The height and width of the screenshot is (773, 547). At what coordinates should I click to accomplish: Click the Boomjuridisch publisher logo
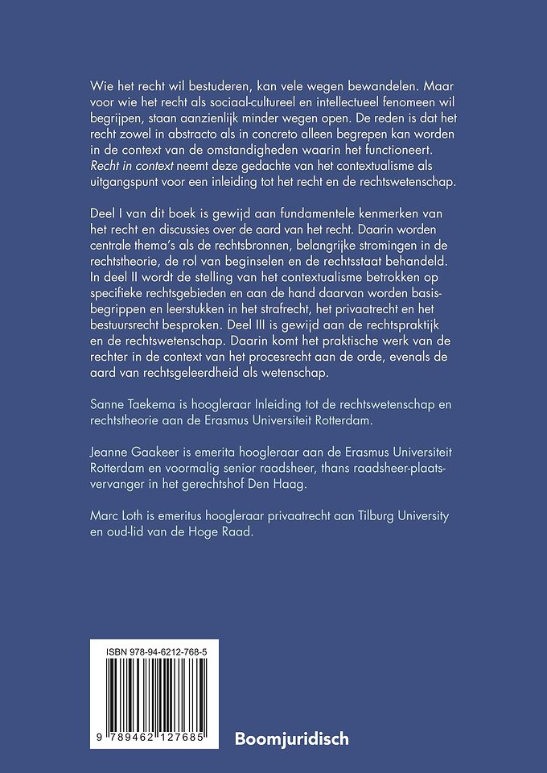tap(291, 737)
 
